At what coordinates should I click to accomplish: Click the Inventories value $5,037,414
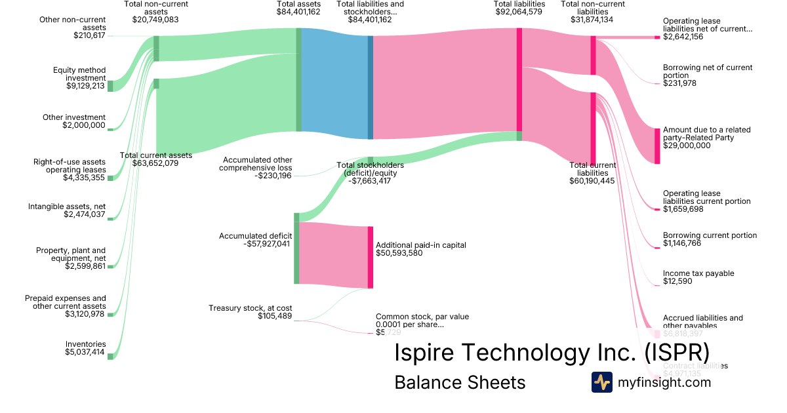click(x=85, y=352)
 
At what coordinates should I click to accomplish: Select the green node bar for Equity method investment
click(x=110, y=86)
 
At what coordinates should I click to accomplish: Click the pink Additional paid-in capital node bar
click(x=370, y=256)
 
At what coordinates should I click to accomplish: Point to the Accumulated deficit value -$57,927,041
click(x=266, y=244)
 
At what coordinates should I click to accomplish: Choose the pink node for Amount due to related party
click(x=657, y=146)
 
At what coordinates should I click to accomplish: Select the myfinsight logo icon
click(x=601, y=382)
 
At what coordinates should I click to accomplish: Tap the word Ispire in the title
click(x=426, y=352)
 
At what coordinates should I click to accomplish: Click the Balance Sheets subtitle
click(x=460, y=382)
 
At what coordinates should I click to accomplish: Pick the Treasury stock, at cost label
click(x=251, y=308)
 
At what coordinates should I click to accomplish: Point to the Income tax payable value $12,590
click(x=679, y=281)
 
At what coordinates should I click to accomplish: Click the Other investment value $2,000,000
click(x=84, y=125)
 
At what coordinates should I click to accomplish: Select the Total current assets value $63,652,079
click(x=156, y=163)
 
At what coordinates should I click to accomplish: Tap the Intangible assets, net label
click(x=67, y=206)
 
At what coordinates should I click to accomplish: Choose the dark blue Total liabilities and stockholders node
click(x=370, y=87)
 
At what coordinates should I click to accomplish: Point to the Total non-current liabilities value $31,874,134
click(x=593, y=20)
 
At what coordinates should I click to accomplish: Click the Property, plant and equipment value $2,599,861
click(x=85, y=266)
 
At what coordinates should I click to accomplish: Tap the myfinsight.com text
click(x=664, y=382)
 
